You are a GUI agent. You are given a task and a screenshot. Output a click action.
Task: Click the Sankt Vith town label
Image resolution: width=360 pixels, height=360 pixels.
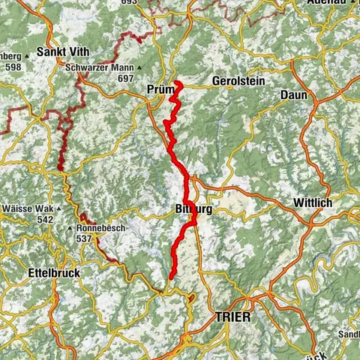(68, 53)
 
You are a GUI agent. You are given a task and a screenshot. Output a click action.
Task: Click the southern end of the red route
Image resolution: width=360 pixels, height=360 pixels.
(172, 277)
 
